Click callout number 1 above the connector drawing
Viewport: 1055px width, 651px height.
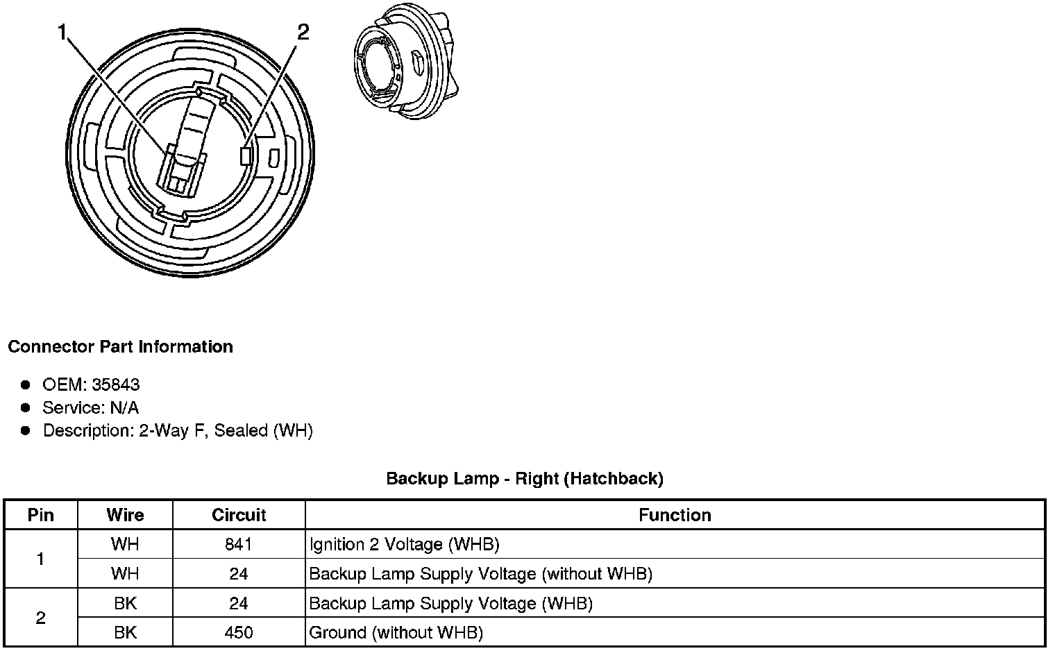click(62, 33)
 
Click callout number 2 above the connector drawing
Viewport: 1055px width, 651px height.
click(303, 32)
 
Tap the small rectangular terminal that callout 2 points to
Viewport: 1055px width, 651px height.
click(246, 156)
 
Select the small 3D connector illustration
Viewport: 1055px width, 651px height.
click(406, 61)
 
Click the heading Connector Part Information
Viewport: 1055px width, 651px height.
click(121, 347)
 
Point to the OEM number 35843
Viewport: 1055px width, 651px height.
click(116, 385)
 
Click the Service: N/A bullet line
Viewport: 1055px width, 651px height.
click(91, 407)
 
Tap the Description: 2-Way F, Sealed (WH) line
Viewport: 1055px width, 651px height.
click(178, 430)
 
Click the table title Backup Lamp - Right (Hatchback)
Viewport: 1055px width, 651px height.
click(525, 479)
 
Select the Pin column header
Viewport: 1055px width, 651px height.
click(41, 516)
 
